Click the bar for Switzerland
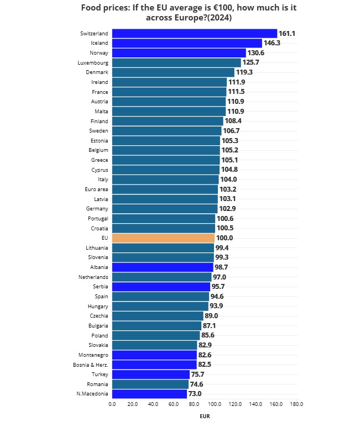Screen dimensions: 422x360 [194, 34]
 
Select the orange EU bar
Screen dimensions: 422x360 [163, 238]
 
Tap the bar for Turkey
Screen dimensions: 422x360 [150, 374]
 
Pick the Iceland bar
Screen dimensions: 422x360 [187, 43]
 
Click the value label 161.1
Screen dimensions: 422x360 [286, 34]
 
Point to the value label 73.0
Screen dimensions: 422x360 [195, 394]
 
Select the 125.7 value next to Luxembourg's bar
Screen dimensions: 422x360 [251, 63]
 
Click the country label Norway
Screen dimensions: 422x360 [98, 53]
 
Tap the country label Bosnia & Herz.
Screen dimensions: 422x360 [91, 365]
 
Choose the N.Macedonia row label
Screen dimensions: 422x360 [92, 394]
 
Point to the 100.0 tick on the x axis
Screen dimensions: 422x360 [215, 404]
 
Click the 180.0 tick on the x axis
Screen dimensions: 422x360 [296, 404]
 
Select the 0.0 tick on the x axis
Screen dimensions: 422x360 [112, 404]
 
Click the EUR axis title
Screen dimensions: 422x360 [205, 416]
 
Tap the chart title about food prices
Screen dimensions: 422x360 [189, 12]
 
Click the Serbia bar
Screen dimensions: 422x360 [161, 287]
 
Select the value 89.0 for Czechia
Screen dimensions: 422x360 [211, 316]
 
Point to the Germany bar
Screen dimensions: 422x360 [165, 209]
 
